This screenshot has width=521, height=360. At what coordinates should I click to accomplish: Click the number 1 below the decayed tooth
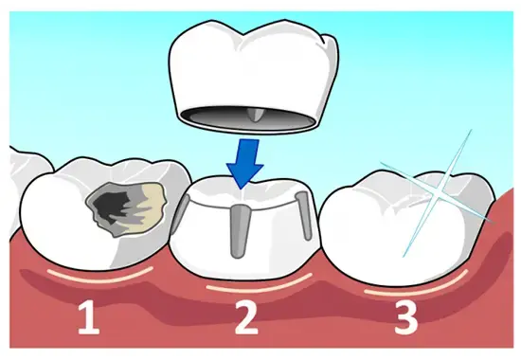pos(89,318)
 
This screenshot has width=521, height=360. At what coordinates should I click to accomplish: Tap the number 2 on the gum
pos(246,318)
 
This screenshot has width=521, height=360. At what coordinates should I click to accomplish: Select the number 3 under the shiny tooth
pos(406,318)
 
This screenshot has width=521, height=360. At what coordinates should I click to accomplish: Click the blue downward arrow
pos(245,163)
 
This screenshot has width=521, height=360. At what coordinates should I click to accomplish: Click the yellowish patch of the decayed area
pos(152,207)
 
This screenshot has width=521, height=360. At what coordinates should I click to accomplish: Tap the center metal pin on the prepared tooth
pos(239,231)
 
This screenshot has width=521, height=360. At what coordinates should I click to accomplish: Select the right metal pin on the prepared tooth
pos(304,215)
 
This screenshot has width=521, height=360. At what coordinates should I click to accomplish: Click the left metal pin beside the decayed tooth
pos(179,214)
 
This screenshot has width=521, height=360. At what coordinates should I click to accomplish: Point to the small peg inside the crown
pos(255,115)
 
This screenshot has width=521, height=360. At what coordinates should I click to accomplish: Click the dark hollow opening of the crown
pos(247,117)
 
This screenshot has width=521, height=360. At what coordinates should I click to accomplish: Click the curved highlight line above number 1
pos(100,277)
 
